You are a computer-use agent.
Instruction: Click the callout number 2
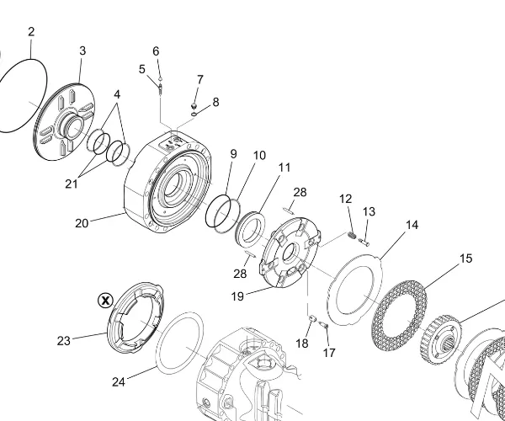31,32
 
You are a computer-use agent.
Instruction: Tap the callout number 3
82,51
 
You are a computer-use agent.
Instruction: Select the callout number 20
82,223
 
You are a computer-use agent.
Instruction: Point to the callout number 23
64,341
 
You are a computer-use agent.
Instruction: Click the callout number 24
119,381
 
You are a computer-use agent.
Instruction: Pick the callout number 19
237,296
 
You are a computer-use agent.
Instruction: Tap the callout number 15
466,258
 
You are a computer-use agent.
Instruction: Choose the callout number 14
412,225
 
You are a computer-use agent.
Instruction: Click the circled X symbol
105,299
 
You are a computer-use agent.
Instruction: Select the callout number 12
346,199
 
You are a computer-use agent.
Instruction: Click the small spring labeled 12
353,235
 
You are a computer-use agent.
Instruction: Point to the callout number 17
329,354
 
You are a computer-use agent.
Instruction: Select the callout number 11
284,168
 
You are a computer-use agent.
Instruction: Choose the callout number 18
302,344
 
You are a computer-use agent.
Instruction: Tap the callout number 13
369,211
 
